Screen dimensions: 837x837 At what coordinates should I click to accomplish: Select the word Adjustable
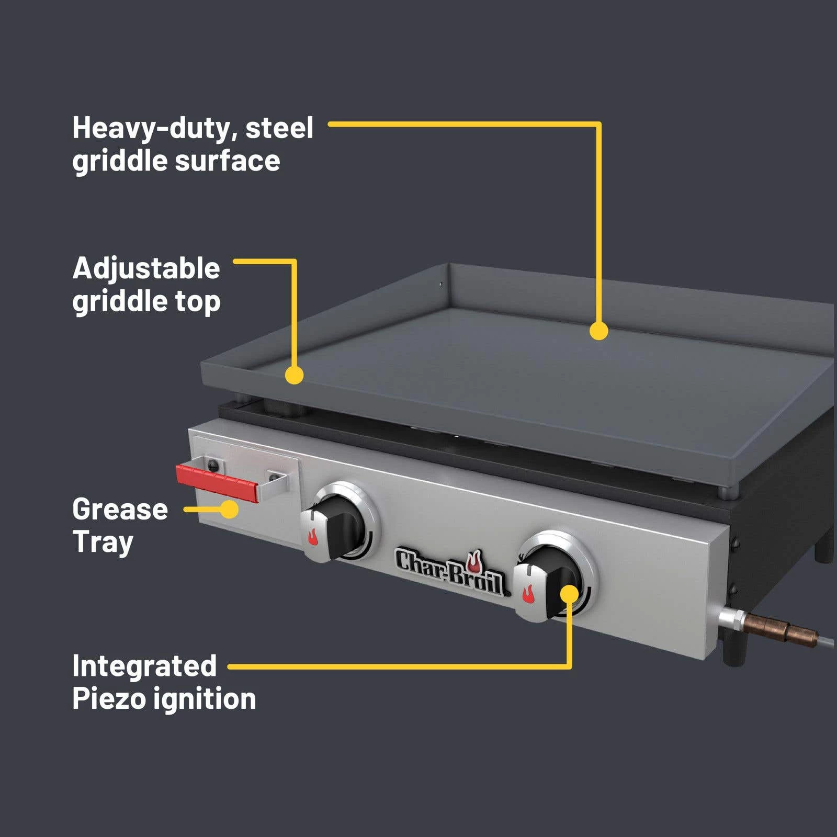(146, 269)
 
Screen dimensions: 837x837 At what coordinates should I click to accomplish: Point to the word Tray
(103, 542)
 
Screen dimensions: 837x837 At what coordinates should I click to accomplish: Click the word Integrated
(144, 666)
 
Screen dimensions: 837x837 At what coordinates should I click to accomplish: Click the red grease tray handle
(217, 482)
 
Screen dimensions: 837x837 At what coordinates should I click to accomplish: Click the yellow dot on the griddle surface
(598, 331)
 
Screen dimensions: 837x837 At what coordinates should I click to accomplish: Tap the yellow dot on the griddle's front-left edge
(295, 375)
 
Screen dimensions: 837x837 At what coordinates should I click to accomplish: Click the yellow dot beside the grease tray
(229, 509)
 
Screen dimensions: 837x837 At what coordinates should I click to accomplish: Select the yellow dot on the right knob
(570, 594)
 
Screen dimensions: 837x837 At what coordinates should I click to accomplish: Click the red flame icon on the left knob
(312, 537)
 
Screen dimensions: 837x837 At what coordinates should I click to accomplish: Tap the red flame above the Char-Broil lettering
(474, 561)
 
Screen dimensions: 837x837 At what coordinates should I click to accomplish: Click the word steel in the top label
(279, 128)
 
